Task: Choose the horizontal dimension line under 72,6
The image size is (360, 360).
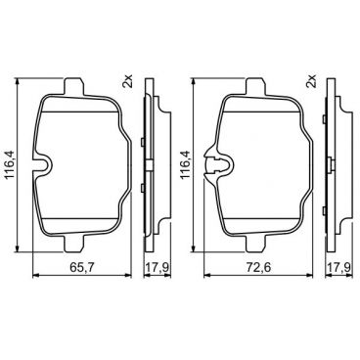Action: pos(258,276)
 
